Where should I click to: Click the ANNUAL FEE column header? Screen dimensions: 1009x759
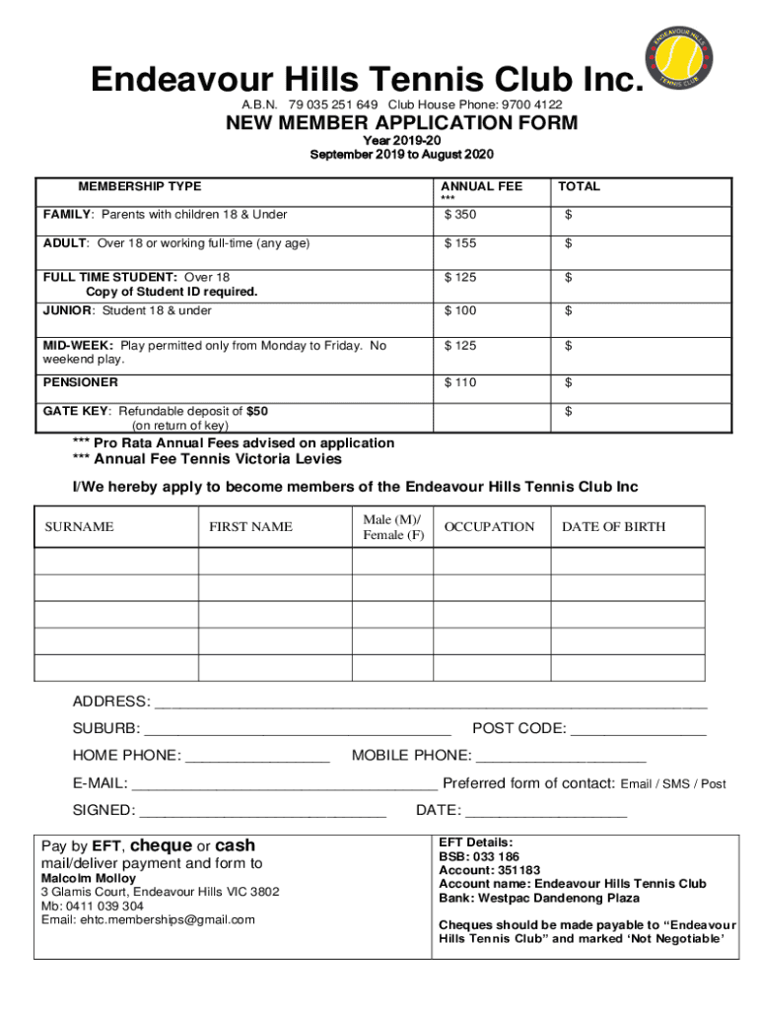point(481,186)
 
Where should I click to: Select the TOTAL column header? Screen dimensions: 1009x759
point(579,186)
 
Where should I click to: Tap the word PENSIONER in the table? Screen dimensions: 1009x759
point(80,382)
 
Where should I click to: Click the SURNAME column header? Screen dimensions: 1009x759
point(79,527)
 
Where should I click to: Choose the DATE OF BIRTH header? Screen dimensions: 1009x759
point(613,527)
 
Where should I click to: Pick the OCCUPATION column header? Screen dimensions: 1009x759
point(489,527)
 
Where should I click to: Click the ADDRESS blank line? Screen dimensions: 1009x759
point(432,704)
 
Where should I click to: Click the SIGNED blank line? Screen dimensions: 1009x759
point(263,812)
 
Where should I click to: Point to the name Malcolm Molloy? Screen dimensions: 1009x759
point(88,878)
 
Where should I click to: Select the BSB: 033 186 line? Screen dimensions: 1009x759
point(479,857)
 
